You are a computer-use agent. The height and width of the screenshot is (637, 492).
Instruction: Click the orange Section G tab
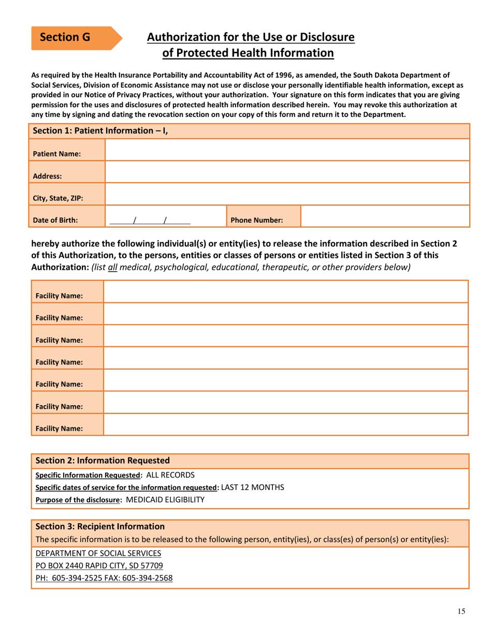pos(73,37)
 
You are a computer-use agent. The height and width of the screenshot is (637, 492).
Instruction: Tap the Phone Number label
pos(256,220)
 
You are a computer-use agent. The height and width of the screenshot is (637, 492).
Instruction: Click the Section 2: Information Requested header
pos(102,460)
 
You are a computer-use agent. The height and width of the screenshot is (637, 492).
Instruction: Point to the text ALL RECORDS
pos(171,474)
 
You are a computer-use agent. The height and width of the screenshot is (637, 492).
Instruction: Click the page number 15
pos(461,612)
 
